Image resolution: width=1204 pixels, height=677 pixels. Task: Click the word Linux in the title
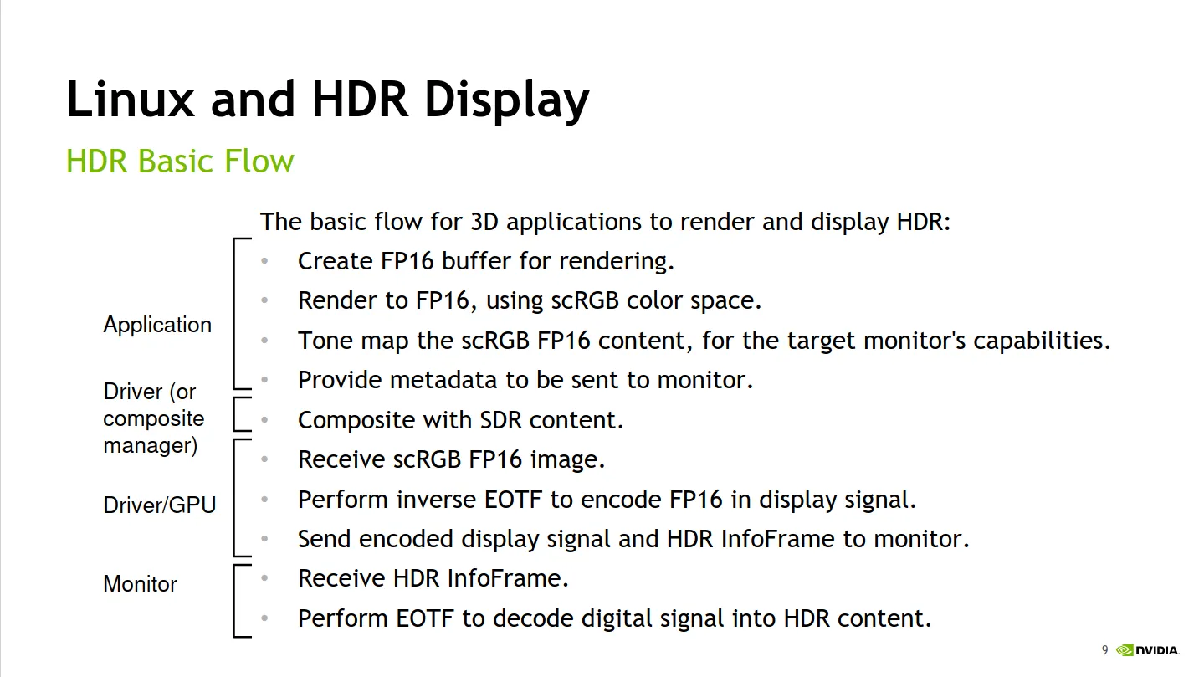pyautogui.click(x=130, y=99)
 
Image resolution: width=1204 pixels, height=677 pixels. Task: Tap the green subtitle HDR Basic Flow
pyautogui.click(x=180, y=161)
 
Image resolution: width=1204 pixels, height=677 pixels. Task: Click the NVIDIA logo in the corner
pyautogui.click(x=1148, y=650)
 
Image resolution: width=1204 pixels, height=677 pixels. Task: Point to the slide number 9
pyautogui.click(x=1104, y=650)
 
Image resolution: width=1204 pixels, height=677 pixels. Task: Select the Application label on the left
pyautogui.click(x=157, y=326)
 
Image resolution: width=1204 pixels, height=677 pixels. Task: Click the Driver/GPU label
pyautogui.click(x=160, y=505)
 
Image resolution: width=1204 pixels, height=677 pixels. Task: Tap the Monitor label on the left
pyautogui.click(x=140, y=584)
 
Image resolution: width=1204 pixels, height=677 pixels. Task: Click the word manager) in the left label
pyautogui.click(x=151, y=446)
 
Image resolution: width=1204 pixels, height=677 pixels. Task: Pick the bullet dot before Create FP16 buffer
pyautogui.click(x=264, y=261)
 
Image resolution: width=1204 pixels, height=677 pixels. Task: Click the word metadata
pyautogui.click(x=443, y=380)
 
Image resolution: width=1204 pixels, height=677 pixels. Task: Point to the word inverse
pyautogui.click(x=436, y=500)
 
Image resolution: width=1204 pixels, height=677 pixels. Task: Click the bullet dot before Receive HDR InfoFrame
pyautogui.click(x=264, y=578)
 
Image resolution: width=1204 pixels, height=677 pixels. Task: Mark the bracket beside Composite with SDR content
pyautogui.click(x=234, y=414)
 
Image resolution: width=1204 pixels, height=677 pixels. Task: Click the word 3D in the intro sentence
pyautogui.click(x=484, y=222)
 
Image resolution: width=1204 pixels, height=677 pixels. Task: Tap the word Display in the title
pyautogui.click(x=507, y=101)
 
